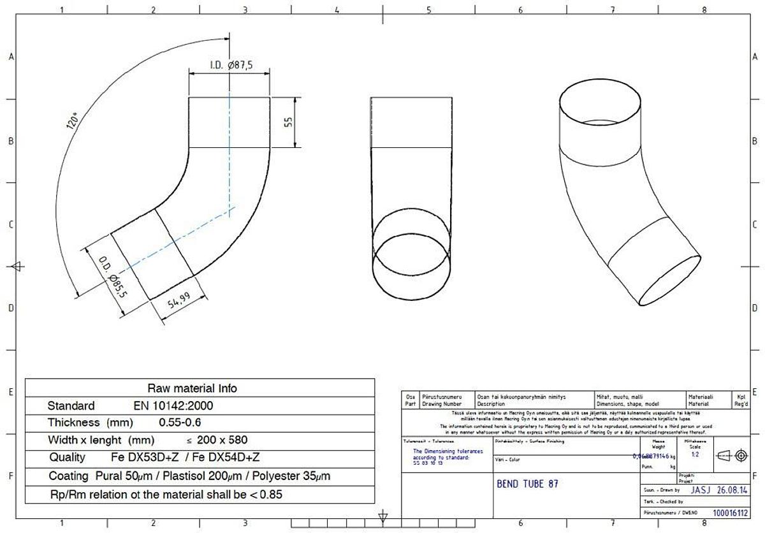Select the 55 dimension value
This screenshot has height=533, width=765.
(288, 122)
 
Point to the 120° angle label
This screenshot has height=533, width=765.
(74, 120)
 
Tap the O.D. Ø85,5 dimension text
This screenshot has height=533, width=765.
(112, 278)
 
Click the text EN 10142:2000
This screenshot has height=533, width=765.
(173, 405)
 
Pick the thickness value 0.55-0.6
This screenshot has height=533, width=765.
(180, 422)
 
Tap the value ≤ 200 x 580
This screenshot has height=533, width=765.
(217, 440)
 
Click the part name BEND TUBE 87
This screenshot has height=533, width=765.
(527, 484)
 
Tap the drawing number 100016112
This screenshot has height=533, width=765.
(731, 512)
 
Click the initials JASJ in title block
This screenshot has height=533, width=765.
(699, 490)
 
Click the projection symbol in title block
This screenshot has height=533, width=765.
(731, 455)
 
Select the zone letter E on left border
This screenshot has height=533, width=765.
(11, 392)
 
